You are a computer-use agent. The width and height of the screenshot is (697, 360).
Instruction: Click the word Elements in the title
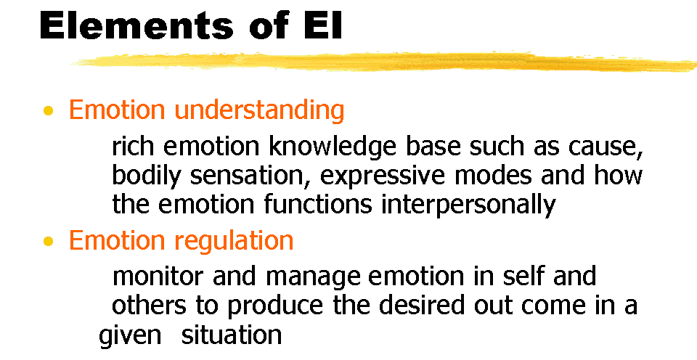[136, 25]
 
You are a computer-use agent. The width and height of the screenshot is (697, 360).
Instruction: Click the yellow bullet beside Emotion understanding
[49, 111]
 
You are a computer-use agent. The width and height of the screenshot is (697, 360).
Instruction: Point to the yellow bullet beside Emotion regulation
[49, 242]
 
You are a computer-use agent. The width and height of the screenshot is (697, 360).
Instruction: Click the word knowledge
[333, 147]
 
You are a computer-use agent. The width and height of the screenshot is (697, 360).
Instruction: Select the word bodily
[146, 176]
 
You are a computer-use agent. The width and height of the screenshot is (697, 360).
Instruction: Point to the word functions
[318, 204]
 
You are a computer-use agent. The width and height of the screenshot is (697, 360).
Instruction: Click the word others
[149, 305]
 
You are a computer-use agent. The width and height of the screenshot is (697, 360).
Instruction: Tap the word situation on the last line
[232, 335]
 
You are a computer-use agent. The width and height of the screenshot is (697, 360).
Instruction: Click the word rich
[134, 147]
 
